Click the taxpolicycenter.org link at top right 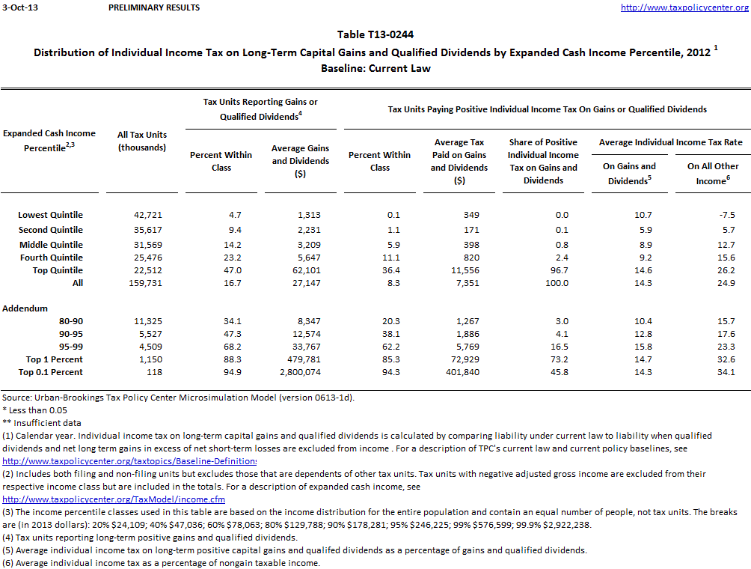[x=685, y=7]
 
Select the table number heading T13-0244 [x=375, y=34]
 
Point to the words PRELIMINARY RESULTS [x=154, y=7]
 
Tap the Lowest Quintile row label [x=51, y=216]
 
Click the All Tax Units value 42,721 [x=147, y=216]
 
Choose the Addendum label [x=25, y=308]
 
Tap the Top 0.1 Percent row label [x=51, y=372]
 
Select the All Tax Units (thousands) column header [x=142, y=141]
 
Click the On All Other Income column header [x=713, y=173]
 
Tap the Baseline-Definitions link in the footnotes [x=129, y=461]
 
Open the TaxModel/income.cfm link [x=114, y=499]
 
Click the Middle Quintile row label [x=51, y=245]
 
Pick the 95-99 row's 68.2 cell [x=222, y=347]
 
